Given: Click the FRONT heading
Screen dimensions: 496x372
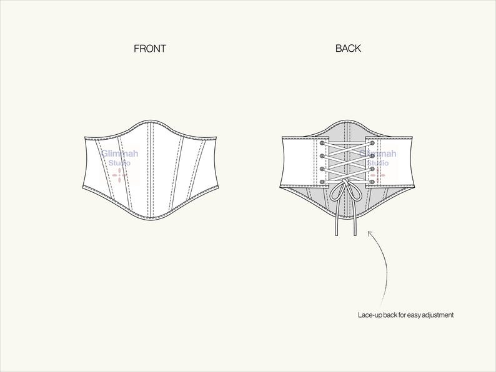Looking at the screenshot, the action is point(150,48).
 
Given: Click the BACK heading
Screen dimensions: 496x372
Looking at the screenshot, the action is point(348,48).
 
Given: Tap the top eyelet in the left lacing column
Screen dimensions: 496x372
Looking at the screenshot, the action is point(322,143).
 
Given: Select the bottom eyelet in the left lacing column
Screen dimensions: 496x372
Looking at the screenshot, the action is point(322,182).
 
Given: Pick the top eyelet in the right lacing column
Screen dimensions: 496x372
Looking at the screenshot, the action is point(372,143).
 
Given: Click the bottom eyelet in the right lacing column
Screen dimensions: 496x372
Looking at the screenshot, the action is point(372,182).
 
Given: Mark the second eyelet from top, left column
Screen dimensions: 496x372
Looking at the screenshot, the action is point(322,156).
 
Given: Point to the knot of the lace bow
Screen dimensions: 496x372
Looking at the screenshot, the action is point(345,182).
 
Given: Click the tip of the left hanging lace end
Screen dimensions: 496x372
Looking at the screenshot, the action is point(337,235).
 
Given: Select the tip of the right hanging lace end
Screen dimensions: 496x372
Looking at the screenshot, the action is point(355,235).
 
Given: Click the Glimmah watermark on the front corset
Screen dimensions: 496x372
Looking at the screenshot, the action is point(119,154).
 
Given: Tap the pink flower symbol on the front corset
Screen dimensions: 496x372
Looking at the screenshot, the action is point(119,175).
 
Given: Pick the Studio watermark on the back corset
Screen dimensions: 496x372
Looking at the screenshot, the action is point(378,163).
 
